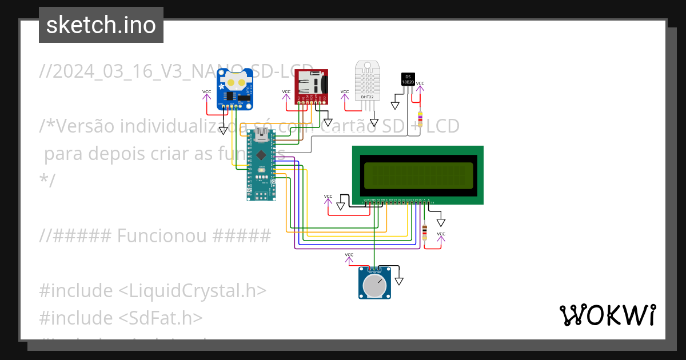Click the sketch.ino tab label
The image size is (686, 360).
point(101,25)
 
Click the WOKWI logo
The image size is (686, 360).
point(607,315)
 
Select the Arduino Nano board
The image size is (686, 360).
point(261,165)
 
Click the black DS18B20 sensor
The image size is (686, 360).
point(408,80)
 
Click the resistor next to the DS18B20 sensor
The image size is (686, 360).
point(420,118)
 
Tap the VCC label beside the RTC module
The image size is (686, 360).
point(206,91)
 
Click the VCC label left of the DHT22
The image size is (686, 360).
point(345,91)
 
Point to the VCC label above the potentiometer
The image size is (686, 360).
point(349,255)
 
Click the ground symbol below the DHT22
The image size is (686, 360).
point(374,122)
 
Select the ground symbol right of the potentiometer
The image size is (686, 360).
point(399,281)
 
